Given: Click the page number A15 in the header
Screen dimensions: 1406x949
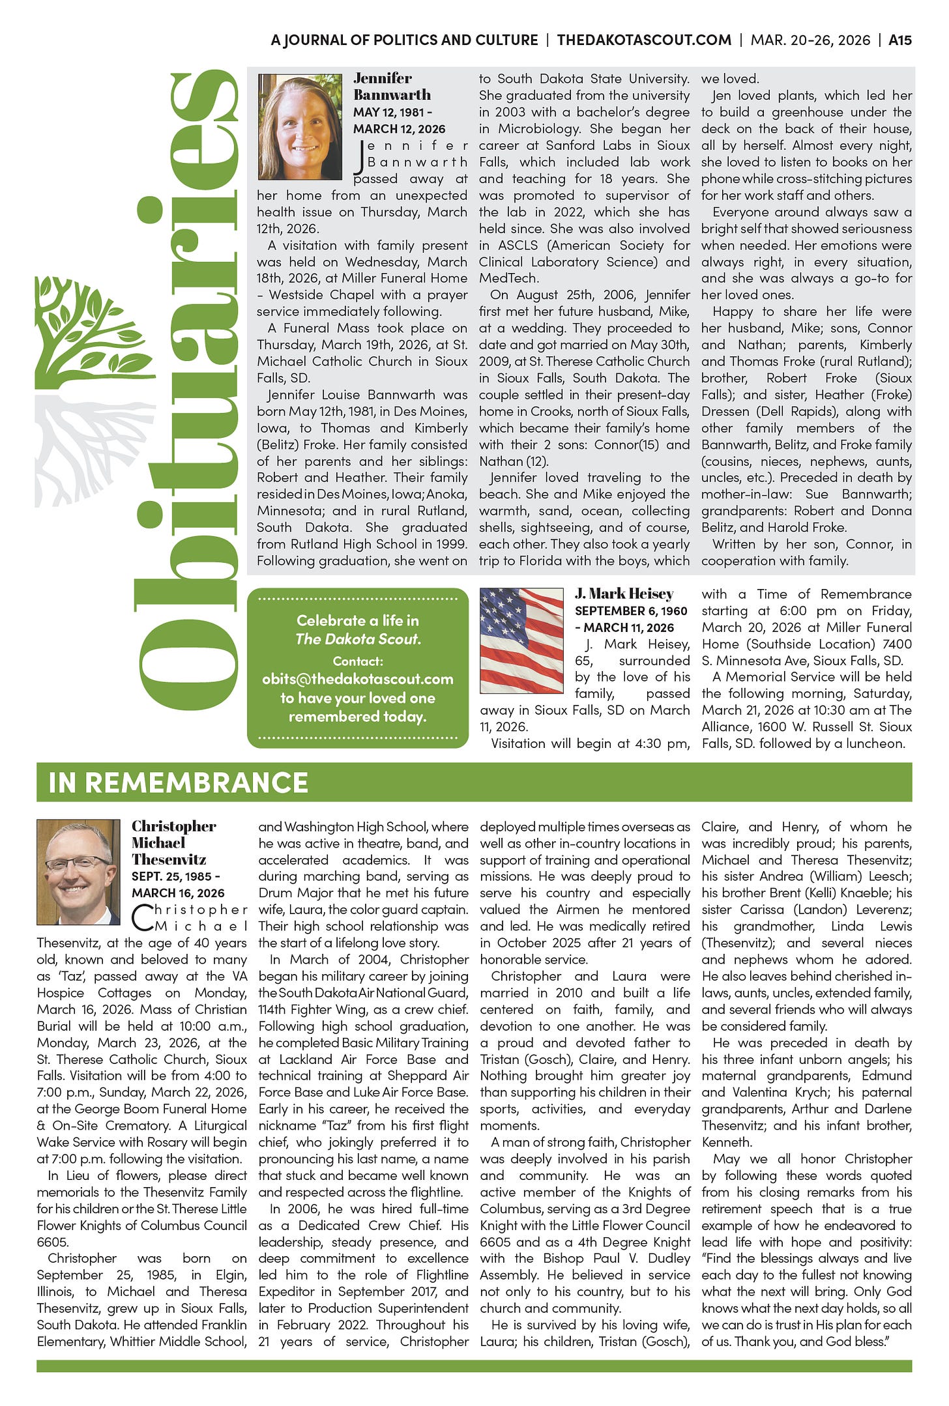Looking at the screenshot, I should [900, 40].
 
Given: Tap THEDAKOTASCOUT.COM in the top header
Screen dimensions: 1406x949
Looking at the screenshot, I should [644, 40].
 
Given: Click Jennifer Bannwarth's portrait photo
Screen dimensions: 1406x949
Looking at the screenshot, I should [300, 127].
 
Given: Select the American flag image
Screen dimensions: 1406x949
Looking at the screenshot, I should [521, 640].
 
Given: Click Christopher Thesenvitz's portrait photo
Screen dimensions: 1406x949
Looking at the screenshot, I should [78, 872].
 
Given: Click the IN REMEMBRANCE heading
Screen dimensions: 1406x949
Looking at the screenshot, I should [178, 782].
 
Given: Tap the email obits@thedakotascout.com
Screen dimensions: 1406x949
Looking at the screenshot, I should [358, 679].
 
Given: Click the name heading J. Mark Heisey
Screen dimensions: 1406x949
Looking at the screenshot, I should [624, 594].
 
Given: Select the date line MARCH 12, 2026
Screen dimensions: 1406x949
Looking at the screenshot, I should [399, 129].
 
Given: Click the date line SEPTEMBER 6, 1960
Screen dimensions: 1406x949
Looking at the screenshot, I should [631, 611].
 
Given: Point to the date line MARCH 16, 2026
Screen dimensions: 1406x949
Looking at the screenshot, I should [178, 893].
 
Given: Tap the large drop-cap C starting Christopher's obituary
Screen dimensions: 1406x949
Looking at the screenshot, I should [143, 918].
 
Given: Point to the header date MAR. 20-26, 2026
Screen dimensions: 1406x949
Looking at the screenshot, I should [810, 40].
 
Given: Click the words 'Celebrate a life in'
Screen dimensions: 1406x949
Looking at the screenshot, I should [358, 620].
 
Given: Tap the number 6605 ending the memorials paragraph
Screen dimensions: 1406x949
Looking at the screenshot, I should [52, 1242].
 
